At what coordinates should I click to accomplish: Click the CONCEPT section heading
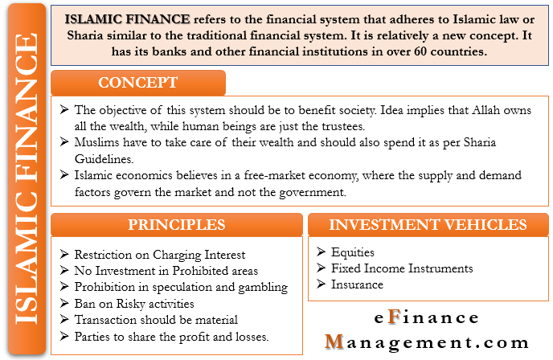(138, 83)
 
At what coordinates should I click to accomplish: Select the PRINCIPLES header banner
(177, 225)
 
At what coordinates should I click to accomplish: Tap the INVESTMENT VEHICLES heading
(428, 225)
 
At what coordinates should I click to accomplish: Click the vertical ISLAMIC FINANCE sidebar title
(27, 178)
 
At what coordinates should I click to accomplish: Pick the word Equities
(353, 252)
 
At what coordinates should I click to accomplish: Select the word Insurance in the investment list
(357, 284)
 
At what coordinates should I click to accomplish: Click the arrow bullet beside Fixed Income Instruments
(321, 268)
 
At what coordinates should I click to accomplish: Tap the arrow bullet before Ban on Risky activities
(64, 303)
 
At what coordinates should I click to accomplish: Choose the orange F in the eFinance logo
(395, 317)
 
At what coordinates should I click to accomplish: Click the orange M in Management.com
(334, 342)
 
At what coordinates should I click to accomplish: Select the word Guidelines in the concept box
(104, 159)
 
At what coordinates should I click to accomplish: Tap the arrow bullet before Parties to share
(64, 336)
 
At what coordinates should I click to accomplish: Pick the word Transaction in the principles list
(105, 320)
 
